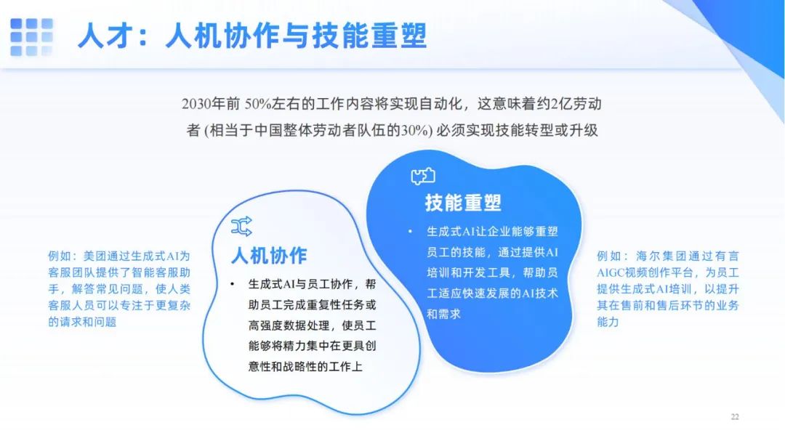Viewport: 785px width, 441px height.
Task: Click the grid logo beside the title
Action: click(31, 37)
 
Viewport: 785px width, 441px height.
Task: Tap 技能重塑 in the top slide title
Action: click(369, 36)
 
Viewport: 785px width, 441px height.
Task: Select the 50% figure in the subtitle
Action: click(258, 104)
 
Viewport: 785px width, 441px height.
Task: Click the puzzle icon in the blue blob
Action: click(423, 177)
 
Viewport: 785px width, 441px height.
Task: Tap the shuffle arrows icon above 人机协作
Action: click(241, 227)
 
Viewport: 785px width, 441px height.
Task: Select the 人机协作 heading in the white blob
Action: click(269, 256)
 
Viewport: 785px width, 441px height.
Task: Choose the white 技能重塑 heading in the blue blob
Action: click(463, 203)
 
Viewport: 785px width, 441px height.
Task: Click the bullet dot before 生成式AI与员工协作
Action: click(233, 284)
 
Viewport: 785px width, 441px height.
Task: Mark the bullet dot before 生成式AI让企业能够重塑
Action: click(410, 231)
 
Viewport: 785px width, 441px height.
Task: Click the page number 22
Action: click(735, 416)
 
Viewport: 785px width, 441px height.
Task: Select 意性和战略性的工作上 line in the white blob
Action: click(305, 367)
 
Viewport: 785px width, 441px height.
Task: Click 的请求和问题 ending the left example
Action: click(82, 322)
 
